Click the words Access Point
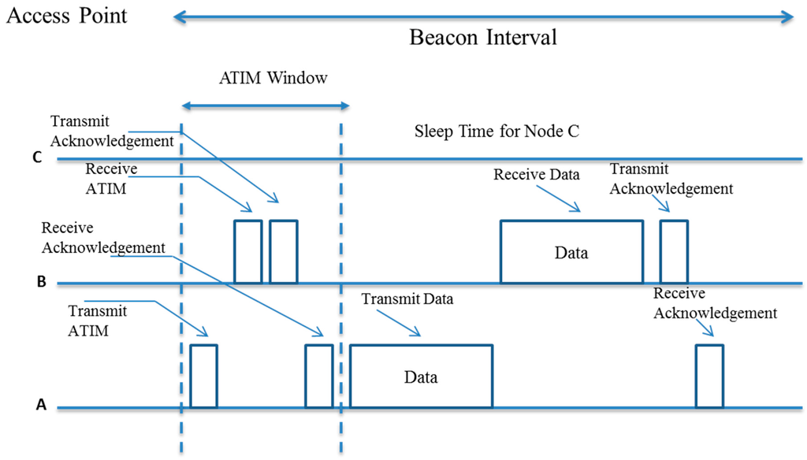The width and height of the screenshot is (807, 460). pyautogui.click(x=67, y=15)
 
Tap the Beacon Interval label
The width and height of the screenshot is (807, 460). pyautogui.click(x=482, y=37)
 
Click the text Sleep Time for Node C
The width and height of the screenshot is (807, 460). pyautogui.click(x=496, y=131)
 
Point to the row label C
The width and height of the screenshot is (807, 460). pyautogui.click(x=36, y=158)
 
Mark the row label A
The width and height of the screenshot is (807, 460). pyautogui.click(x=41, y=406)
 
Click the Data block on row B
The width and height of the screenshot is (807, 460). pyautogui.click(x=571, y=252)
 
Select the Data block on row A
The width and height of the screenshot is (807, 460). pyautogui.click(x=421, y=377)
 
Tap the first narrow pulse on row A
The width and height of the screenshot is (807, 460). pyautogui.click(x=203, y=377)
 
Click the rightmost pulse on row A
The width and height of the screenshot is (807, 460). pyautogui.click(x=709, y=377)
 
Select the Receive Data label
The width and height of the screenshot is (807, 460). pyautogui.click(x=535, y=175)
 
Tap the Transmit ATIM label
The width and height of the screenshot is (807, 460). pyautogui.click(x=99, y=321)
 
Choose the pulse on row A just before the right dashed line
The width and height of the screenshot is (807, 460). pyautogui.click(x=318, y=377)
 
